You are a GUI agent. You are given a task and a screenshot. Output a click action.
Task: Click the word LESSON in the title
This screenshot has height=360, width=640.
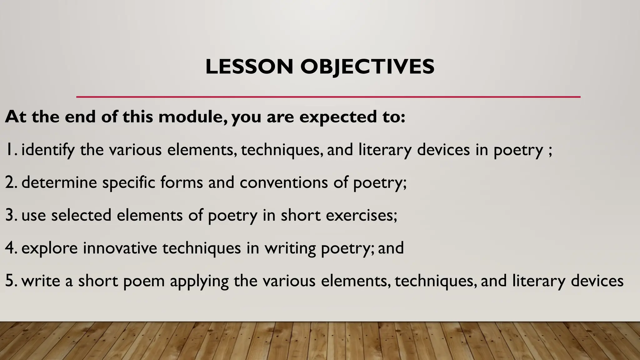[249, 67]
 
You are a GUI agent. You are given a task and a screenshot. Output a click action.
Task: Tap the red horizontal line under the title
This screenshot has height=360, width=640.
[328, 97]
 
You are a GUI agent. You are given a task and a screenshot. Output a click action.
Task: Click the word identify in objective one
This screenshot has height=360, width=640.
[48, 150]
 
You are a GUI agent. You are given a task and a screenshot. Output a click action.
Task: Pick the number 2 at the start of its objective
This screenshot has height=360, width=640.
[10, 182]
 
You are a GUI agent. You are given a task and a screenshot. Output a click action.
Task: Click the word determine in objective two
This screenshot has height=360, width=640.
[59, 182]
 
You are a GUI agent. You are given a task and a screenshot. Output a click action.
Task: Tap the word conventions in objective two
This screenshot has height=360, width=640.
[284, 182]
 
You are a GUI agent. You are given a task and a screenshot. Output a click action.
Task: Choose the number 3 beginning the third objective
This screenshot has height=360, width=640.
[10, 215]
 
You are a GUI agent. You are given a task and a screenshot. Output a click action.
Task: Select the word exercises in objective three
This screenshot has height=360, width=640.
[359, 215]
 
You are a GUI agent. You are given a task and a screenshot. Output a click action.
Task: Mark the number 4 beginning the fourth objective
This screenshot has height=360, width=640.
[10, 248]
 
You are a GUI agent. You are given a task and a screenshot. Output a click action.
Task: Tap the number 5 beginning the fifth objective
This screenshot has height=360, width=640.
[10, 281]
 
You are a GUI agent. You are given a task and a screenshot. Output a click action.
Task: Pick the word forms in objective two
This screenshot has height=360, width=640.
[182, 182]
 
